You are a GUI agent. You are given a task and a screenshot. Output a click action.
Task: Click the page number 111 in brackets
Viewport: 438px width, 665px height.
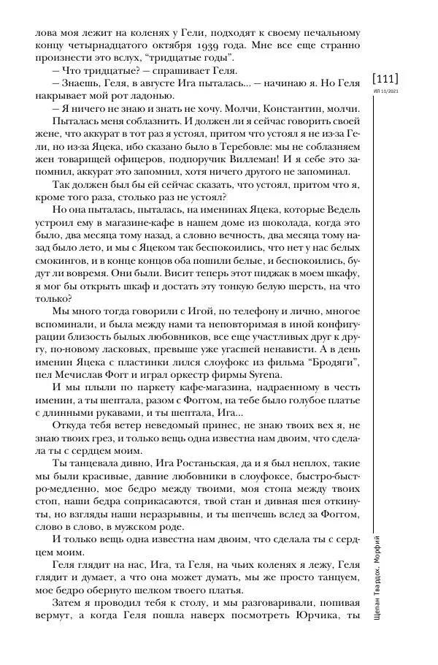(385, 78)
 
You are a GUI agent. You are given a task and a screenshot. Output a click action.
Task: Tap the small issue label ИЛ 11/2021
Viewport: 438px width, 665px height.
(385, 92)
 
